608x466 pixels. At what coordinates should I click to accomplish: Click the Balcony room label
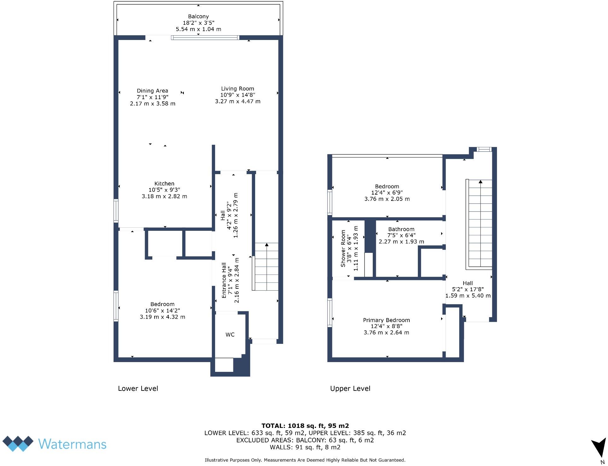(198, 16)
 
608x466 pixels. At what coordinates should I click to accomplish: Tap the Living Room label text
(237, 89)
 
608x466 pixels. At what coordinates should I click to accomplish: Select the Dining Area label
(152, 91)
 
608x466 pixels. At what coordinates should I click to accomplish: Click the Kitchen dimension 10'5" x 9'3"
(164, 190)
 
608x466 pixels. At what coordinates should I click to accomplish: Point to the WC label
(230, 335)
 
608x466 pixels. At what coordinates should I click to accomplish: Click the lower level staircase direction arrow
(267, 245)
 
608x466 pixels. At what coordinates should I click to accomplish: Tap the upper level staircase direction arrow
(480, 182)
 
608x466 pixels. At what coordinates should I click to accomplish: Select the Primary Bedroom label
(386, 320)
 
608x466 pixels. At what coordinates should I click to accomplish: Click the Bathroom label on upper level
(401, 229)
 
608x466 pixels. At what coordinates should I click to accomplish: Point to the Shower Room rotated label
(343, 249)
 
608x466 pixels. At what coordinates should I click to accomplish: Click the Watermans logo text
(72, 444)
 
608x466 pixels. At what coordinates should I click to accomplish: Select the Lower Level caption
(138, 389)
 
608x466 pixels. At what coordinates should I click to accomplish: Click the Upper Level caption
(350, 389)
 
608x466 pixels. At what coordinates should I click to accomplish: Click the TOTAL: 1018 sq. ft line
(305, 426)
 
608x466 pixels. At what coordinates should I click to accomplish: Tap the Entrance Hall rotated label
(224, 280)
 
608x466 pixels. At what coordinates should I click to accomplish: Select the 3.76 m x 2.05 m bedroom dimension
(387, 199)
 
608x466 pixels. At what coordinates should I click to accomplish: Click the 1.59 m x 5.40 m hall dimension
(468, 296)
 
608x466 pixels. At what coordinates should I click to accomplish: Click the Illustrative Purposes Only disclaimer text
(305, 460)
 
